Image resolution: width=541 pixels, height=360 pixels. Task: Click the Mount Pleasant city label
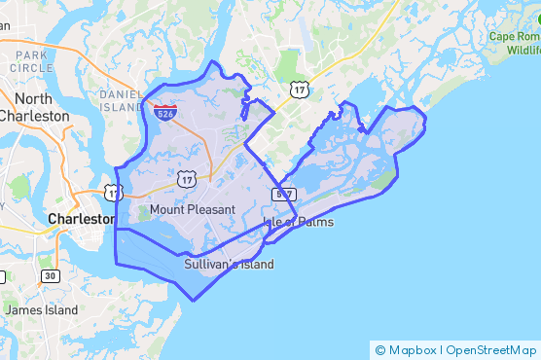(x=193, y=210)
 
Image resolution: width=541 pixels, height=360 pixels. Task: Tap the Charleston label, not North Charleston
(x=81, y=220)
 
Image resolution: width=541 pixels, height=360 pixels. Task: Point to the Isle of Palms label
(x=298, y=222)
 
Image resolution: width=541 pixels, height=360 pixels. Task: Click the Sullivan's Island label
(x=229, y=265)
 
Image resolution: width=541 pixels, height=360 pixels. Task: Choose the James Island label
(x=41, y=309)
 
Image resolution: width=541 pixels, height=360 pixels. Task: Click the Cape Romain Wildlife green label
(x=514, y=43)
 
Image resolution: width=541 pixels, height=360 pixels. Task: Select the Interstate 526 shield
(x=164, y=113)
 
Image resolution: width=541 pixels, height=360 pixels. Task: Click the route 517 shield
(x=284, y=196)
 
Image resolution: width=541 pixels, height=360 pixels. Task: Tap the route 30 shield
(x=50, y=276)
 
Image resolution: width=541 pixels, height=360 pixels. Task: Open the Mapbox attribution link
(x=413, y=350)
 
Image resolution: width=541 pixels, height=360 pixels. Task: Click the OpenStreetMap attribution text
(x=492, y=350)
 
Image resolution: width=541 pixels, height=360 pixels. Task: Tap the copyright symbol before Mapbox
(x=379, y=350)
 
